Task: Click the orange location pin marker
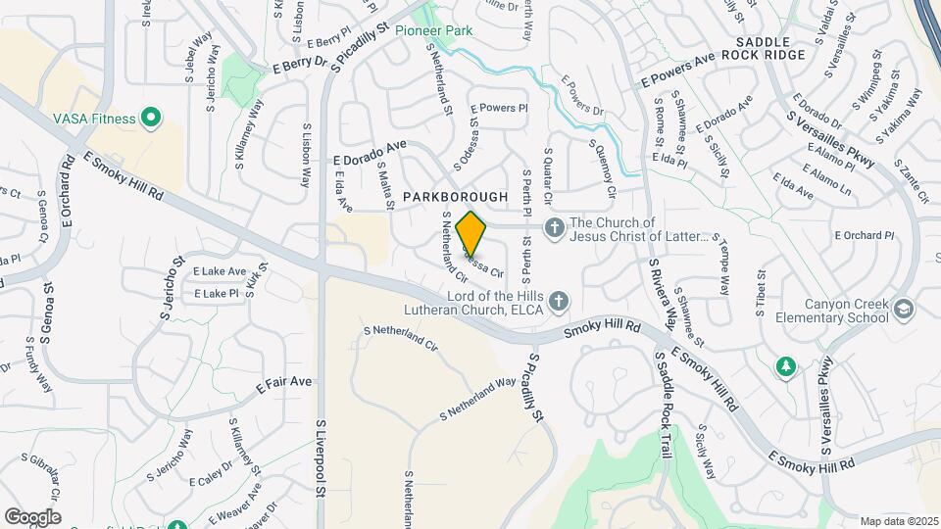(x=471, y=234)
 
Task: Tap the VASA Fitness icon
(x=150, y=120)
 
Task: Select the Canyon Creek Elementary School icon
(x=903, y=310)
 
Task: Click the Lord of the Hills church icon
(x=559, y=301)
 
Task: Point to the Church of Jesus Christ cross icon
(x=554, y=228)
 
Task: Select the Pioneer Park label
(x=434, y=30)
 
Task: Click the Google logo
(x=32, y=516)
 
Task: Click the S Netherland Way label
(x=477, y=400)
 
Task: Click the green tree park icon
(x=785, y=367)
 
